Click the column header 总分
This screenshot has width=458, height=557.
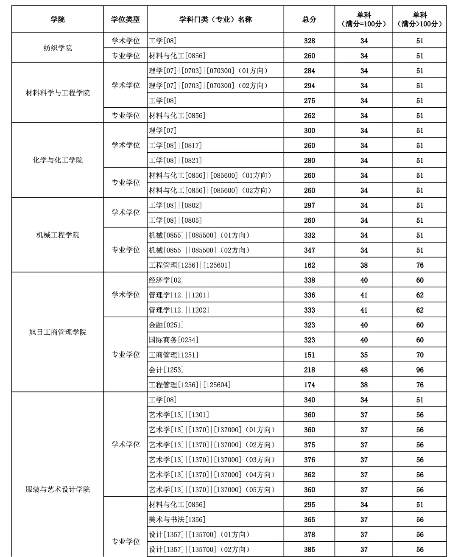pyautogui.click(x=309, y=19)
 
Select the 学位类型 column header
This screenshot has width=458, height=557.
pyautogui.click(x=126, y=19)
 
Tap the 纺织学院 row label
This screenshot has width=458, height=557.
pyautogui.click(x=58, y=48)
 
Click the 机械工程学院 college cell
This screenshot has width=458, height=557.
pyautogui.click(x=58, y=235)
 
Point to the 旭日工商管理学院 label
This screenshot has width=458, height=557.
pyautogui.click(x=58, y=332)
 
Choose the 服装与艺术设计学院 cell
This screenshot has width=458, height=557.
pyautogui.click(x=58, y=489)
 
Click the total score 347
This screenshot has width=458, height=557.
pyautogui.click(x=309, y=250)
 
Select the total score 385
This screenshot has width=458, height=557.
pyautogui.click(x=309, y=549)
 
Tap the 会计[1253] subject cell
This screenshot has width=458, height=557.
pyautogui.click(x=166, y=370)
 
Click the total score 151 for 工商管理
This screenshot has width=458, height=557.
pyautogui.click(x=309, y=355)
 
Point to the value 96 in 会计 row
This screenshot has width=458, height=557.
pyautogui.click(x=419, y=370)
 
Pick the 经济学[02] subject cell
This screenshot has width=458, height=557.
pyautogui.click(x=166, y=280)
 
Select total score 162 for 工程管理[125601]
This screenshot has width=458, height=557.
pyautogui.click(x=309, y=265)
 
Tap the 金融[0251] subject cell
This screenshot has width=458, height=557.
pyautogui.click(x=166, y=325)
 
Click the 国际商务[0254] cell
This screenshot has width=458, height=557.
pyautogui.click(x=173, y=340)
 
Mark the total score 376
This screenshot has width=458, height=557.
pyautogui.click(x=309, y=460)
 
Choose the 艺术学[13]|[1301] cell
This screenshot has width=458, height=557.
pyautogui.click(x=179, y=415)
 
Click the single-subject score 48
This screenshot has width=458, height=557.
pyautogui.click(x=364, y=370)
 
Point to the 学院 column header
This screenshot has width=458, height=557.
pyautogui.click(x=58, y=19)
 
